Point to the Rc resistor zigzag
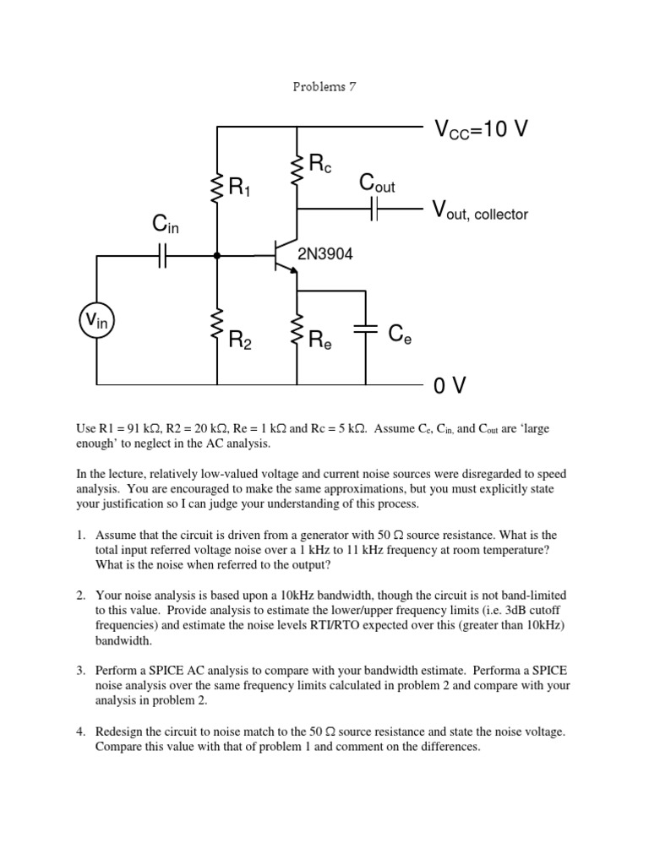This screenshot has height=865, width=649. (x=297, y=168)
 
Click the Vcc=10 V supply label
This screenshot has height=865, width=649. (x=481, y=129)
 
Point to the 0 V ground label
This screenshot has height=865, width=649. (x=450, y=386)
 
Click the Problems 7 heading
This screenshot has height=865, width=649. (x=324, y=89)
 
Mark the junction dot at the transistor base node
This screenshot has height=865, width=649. (x=217, y=254)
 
